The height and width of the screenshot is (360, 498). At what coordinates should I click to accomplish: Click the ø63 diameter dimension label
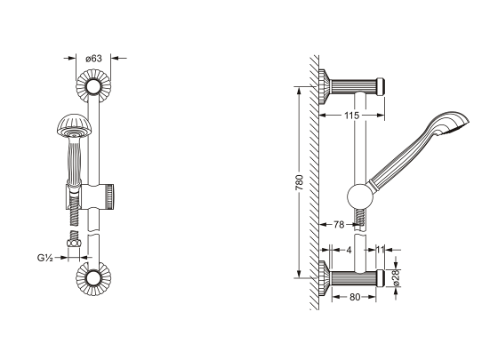tap(93, 59)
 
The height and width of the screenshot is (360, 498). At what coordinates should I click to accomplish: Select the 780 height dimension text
tap(299, 182)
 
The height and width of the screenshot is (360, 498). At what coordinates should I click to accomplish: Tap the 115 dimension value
tap(351, 116)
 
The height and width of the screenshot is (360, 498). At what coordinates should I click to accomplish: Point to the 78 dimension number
tap(339, 225)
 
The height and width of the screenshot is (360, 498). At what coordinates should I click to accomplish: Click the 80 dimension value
tap(355, 297)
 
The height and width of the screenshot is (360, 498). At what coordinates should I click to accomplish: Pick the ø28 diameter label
tap(396, 278)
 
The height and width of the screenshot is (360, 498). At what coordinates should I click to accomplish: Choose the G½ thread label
tap(44, 258)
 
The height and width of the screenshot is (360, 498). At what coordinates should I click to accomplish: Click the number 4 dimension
tap(349, 250)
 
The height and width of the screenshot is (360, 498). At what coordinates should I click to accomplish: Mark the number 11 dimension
tap(381, 250)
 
